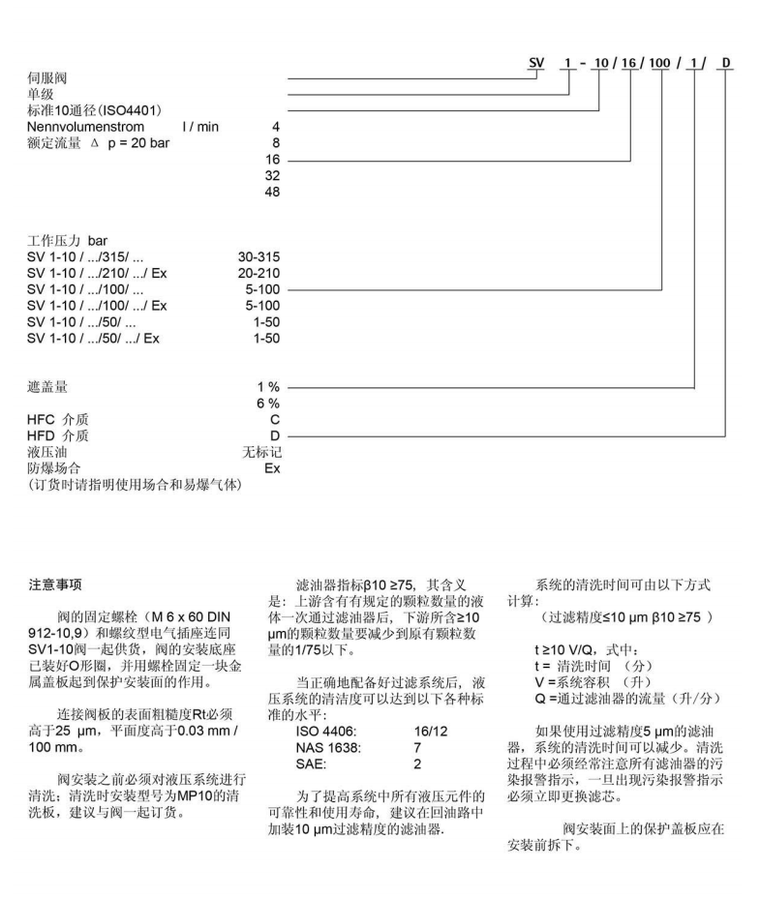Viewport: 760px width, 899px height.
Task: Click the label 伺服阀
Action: (48, 76)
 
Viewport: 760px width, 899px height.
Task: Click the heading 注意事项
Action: (57, 584)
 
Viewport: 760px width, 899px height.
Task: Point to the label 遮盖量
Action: (48, 386)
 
